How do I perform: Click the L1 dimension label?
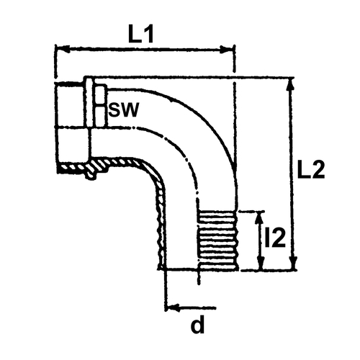tap(141, 35)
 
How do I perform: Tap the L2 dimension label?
tap(311, 169)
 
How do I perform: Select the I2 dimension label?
tap(275, 238)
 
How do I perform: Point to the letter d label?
tap(197, 325)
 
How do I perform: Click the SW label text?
tap(123, 109)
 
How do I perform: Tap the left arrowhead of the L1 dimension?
tap(63, 50)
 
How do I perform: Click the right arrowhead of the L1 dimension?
tap(227, 50)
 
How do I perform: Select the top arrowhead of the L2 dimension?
tap(291, 84)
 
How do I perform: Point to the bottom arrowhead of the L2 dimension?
tap(293, 263)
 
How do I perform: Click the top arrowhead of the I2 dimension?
tap(258, 218)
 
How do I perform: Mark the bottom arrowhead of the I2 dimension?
tap(261, 264)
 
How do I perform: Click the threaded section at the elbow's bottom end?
tap(217, 240)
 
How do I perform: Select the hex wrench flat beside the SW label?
tap(100, 106)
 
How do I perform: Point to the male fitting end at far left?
tap(70, 127)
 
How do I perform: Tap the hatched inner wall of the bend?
tap(153, 182)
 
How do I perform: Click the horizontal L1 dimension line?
tap(145, 50)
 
